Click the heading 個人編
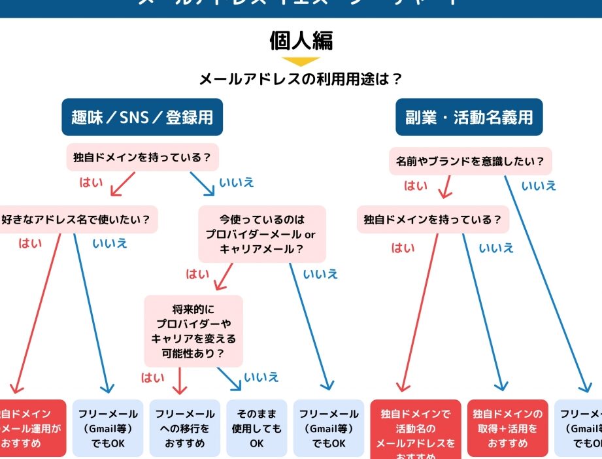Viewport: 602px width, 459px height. coord(301,40)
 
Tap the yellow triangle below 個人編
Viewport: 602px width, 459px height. coord(301,62)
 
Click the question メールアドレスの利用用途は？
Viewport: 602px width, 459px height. coord(301,80)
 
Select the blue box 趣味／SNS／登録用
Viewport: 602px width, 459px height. coord(142,117)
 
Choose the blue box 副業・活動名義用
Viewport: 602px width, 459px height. coord(469,117)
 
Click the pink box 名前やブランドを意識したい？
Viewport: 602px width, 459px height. coord(470,161)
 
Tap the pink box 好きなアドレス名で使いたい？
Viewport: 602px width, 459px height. coord(76,220)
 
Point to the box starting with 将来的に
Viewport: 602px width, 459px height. coord(193,330)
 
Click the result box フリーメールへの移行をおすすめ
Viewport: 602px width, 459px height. coord(183,428)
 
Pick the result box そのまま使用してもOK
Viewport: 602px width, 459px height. coord(256,428)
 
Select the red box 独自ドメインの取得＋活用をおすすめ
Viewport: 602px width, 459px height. coord(507,428)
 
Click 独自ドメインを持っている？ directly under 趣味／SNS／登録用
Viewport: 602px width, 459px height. coord(142,158)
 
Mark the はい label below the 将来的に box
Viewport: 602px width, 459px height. coord(153,377)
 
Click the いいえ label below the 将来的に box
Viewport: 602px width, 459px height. coord(261,377)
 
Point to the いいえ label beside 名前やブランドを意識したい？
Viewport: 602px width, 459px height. coord(539,186)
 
